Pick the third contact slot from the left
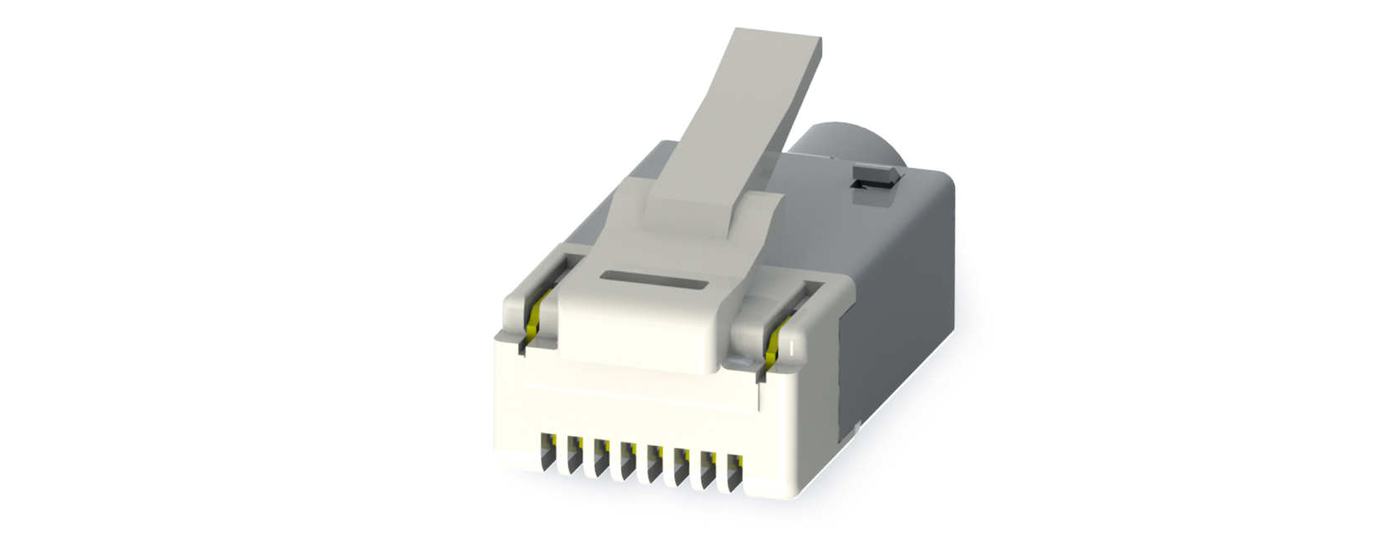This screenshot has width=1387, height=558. (x=602, y=454)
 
